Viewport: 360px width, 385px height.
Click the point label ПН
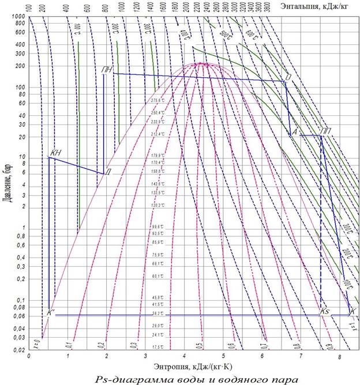pos(106,70)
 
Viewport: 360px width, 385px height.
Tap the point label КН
pos(55,153)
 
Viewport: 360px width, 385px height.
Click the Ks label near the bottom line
pos(324,311)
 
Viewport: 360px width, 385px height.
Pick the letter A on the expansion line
pos(294,133)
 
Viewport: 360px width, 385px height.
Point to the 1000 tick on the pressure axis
pos(18,18)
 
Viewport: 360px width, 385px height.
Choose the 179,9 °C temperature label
pos(157,156)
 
